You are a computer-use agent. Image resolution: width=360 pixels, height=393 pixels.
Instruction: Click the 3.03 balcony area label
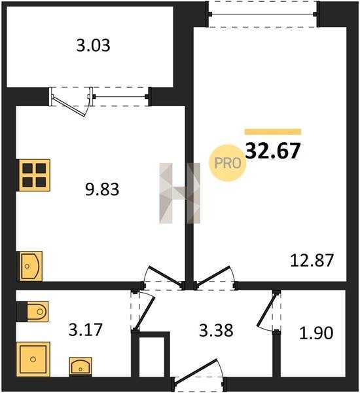tap(93, 46)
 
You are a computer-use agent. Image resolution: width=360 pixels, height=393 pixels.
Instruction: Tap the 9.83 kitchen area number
tap(102, 189)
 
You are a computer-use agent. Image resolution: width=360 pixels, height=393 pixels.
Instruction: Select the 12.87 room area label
tap(312, 261)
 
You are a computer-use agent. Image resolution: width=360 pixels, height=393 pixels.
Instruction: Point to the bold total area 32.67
tap(273, 151)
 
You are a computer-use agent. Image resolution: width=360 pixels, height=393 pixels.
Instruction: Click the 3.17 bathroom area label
tap(86, 330)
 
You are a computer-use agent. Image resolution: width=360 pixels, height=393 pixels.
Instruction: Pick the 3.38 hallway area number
tap(216, 330)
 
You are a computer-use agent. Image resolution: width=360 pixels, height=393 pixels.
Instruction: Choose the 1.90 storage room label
tap(316, 333)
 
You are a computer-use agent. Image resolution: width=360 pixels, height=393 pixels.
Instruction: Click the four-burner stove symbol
tap(33, 175)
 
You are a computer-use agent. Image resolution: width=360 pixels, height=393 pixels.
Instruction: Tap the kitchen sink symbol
tap(30, 266)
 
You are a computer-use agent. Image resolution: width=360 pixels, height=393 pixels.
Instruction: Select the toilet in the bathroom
tap(33, 312)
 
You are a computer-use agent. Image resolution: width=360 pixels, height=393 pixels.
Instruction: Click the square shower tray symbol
tap(33, 360)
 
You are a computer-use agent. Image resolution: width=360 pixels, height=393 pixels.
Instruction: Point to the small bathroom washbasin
tap(81, 367)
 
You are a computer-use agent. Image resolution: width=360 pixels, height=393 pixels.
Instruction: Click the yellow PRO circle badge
tap(228, 163)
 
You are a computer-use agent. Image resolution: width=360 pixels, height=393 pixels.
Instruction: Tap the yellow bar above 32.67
tap(273, 132)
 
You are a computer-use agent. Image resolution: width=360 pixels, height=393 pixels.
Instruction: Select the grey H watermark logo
tap(180, 193)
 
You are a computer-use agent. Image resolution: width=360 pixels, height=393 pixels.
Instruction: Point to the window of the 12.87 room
tap(263, 14)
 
